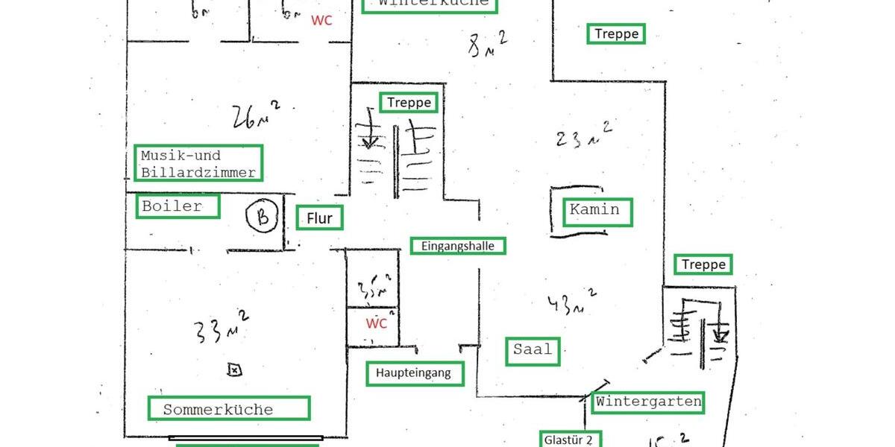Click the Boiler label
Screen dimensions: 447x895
click(x=178, y=206)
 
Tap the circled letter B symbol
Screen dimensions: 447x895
click(x=263, y=217)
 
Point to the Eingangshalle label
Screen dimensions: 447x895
click(x=457, y=246)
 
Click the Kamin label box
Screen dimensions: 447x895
click(x=594, y=210)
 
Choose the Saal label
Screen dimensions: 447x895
click(x=534, y=349)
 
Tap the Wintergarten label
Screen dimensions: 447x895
click(x=648, y=402)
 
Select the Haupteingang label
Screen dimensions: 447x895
click(x=414, y=373)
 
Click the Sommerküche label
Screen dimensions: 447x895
click(x=227, y=409)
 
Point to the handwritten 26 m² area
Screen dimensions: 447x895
click(x=255, y=115)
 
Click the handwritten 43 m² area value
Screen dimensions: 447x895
click(x=571, y=302)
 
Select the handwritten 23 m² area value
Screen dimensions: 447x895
click(x=584, y=137)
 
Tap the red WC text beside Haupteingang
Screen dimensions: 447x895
click(x=377, y=324)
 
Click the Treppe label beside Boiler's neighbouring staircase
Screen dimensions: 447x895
click(x=409, y=102)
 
